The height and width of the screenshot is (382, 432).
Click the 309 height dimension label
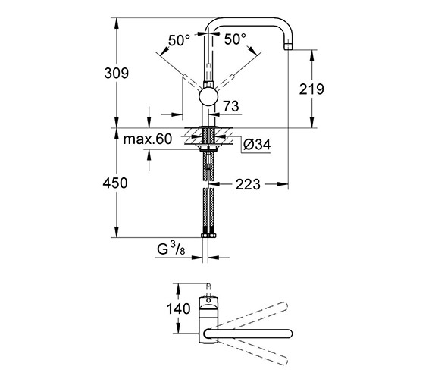point(116,74)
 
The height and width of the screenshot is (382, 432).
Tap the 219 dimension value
point(311,89)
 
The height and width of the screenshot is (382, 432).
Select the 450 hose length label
point(115,183)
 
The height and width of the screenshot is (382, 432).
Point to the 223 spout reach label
point(248,184)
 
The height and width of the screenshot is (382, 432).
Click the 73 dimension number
point(231,106)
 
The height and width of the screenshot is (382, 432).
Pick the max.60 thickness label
point(147,139)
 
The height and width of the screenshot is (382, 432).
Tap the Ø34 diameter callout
point(257,144)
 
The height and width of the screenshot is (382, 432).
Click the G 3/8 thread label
point(171,249)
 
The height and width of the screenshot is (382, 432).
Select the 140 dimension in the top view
point(178,308)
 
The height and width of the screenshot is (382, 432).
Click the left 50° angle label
point(179,40)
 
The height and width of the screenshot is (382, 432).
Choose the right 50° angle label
point(235,39)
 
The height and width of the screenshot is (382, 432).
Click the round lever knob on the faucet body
point(208,97)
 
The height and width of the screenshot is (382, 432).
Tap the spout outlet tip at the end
point(288,46)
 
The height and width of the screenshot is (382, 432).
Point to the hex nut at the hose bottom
point(208,236)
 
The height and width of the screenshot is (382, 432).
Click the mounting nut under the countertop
point(208,149)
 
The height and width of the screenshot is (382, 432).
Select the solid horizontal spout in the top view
point(248,333)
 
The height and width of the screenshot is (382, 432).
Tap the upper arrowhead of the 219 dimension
point(311,55)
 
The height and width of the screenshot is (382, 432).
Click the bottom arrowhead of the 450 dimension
point(117,232)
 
